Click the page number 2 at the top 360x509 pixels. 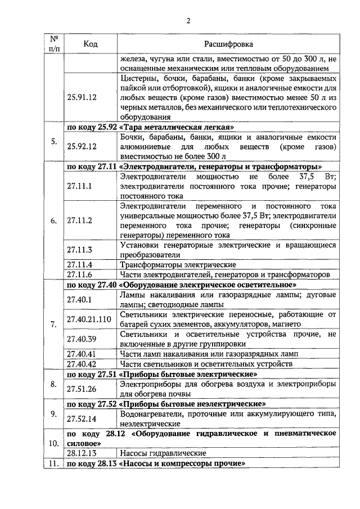[188, 21]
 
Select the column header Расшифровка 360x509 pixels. [228, 44]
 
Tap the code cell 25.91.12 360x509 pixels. [82, 97]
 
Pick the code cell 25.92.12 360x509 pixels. [82, 146]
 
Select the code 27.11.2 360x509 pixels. [78, 220]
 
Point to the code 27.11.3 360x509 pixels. [78, 249]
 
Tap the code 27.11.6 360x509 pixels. [78, 274]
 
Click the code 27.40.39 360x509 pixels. [80, 338]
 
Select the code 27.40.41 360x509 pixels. [80, 354]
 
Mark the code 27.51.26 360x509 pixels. [80, 389]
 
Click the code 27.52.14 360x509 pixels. [80, 419]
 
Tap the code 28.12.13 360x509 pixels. [80, 453]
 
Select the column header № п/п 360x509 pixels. [54, 44]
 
